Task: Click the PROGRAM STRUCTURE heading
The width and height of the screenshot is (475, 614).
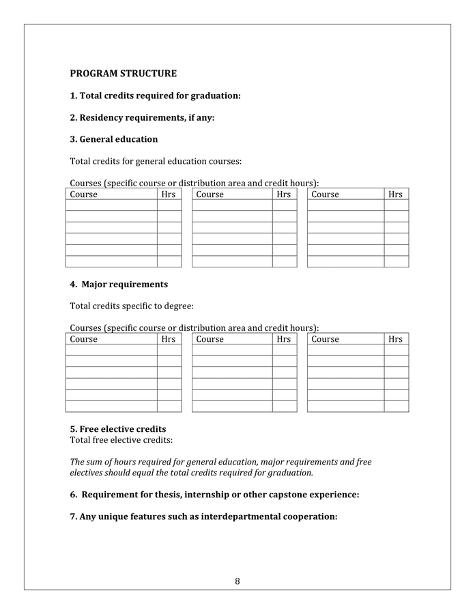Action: [x=123, y=74]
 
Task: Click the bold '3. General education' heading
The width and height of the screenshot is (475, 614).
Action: [x=113, y=139]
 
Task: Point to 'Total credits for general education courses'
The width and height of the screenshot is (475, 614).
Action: [x=156, y=162]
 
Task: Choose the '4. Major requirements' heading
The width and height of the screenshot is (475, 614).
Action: [x=119, y=284]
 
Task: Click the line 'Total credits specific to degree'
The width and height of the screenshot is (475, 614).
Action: [x=132, y=306]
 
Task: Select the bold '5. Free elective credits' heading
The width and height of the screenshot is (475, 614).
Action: [x=117, y=429]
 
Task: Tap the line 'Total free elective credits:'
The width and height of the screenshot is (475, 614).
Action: [x=121, y=440]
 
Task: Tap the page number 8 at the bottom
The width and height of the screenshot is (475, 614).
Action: [x=237, y=581]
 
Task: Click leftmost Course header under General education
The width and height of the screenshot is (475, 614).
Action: [x=84, y=194]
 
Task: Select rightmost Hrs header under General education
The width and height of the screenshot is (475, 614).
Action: [x=395, y=194]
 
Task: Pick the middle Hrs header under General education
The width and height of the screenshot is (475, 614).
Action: [x=284, y=194]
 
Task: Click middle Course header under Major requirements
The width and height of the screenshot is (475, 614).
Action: [x=210, y=339]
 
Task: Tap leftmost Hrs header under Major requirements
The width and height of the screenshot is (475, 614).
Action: [x=169, y=339]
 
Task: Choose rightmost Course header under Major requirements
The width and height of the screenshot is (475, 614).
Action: [x=325, y=339]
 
